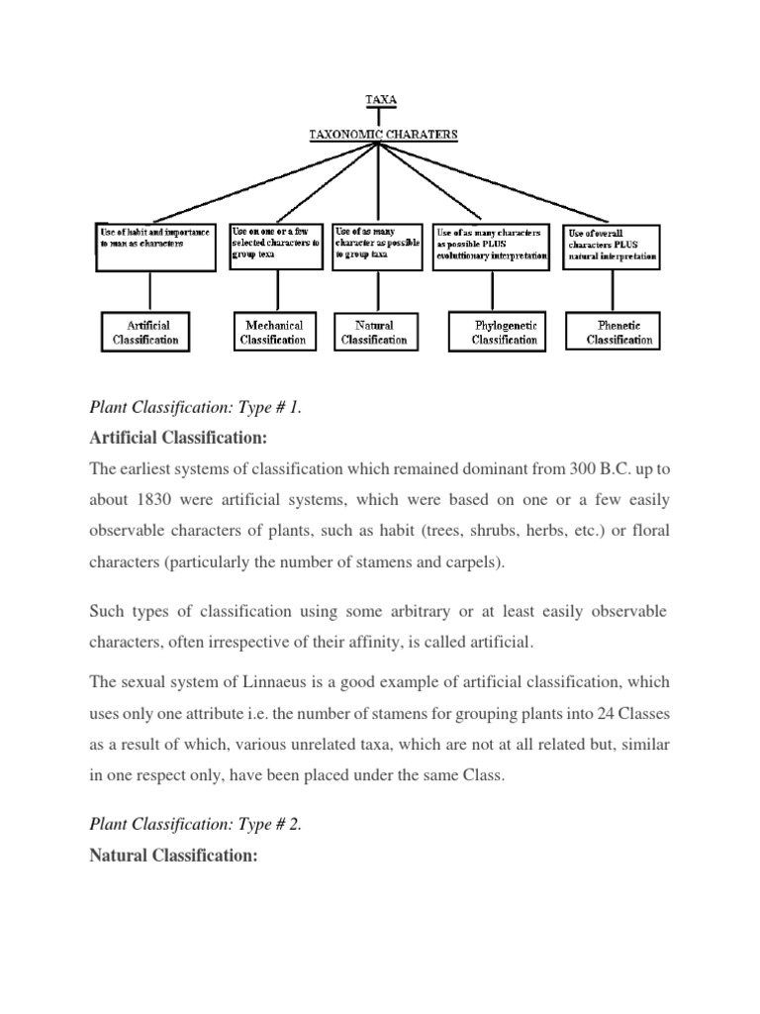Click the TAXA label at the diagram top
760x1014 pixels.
coord(380,100)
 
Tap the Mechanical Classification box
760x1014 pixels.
coord(273,332)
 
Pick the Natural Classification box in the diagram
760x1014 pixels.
coord(374,332)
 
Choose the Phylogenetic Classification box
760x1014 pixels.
coord(505,332)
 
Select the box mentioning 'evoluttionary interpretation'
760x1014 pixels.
coord(491,247)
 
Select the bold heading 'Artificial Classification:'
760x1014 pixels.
coord(178,439)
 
